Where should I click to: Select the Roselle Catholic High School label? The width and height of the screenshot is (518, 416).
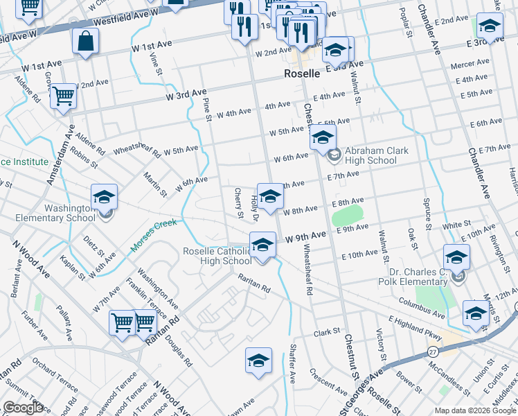pyautogui.click(x=217, y=256)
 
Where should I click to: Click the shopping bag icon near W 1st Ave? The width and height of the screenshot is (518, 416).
pyautogui.click(x=85, y=42)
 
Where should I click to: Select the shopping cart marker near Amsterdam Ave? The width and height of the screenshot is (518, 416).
pyautogui.click(x=63, y=96)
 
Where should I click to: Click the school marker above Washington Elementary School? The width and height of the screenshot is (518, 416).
pyautogui.click(x=104, y=198)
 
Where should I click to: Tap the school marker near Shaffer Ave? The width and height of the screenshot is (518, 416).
pyautogui.click(x=258, y=361)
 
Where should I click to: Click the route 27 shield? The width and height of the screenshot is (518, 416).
pyautogui.click(x=433, y=352)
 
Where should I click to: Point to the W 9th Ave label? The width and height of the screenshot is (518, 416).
pyautogui.click(x=305, y=236)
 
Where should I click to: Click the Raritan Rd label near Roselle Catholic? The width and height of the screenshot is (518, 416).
pyautogui.click(x=254, y=283)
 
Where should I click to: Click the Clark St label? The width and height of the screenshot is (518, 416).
pyautogui.click(x=327, y=332)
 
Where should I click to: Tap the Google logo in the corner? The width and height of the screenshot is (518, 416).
pyautogui.click(x=23, y=408)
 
